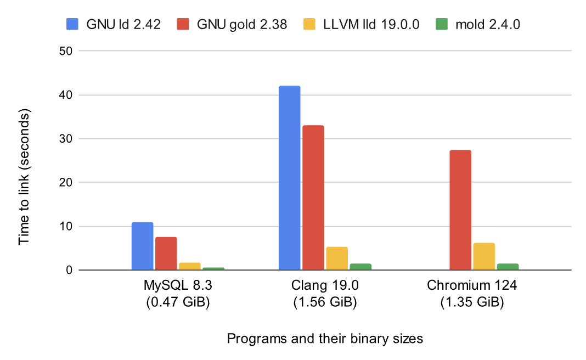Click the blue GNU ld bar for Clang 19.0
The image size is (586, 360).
click(x=289, y=178)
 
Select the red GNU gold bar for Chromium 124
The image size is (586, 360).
click(x=460, y=210)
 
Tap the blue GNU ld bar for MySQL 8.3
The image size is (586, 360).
click(x=142, y=246)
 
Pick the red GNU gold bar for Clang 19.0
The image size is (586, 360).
click(x=313, y=198)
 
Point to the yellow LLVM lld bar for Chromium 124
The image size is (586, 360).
click(x=484, y=256)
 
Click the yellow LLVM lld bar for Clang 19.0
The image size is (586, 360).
click(x=337, y=258)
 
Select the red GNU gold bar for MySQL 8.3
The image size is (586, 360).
click(x=166, y=253)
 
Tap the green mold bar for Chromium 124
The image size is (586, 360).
click(x=508, y=267)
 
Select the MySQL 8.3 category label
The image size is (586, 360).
click(x=178, y=286)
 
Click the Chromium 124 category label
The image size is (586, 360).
click(x=472, y=286)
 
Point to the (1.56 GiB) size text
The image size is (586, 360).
click(x=325, y=302)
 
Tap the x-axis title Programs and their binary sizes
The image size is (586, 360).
click(x=325, y=339)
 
